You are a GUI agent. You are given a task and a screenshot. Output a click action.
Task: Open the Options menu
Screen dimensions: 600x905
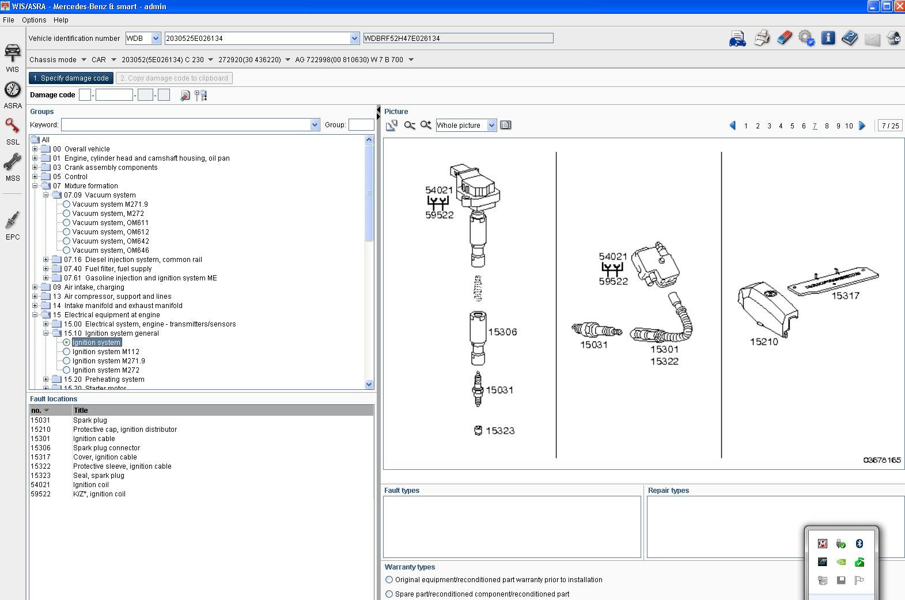34,20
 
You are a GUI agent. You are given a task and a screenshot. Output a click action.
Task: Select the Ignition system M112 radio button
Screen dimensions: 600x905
67,351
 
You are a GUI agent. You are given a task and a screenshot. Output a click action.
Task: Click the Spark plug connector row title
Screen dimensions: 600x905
107,447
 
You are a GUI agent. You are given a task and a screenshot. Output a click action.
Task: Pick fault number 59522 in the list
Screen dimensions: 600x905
40,493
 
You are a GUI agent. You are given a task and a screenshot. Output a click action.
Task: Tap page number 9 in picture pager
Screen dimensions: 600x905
838,126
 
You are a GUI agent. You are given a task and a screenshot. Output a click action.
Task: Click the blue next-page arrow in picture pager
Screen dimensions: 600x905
862,126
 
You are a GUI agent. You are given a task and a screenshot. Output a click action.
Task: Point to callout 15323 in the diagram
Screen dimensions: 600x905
499,431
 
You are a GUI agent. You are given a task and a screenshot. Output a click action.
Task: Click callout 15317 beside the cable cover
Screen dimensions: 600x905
845,295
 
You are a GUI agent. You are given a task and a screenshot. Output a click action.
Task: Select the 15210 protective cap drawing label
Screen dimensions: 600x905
764,341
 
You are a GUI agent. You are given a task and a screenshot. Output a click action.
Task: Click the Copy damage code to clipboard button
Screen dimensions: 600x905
174,78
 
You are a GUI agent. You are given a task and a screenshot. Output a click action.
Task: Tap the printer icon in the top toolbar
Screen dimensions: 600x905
762,38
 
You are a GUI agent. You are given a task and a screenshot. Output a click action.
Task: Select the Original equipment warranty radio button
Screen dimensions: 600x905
389,580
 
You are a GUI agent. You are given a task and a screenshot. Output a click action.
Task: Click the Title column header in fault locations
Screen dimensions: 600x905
81,411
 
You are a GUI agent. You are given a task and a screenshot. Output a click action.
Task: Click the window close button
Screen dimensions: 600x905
899,6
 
